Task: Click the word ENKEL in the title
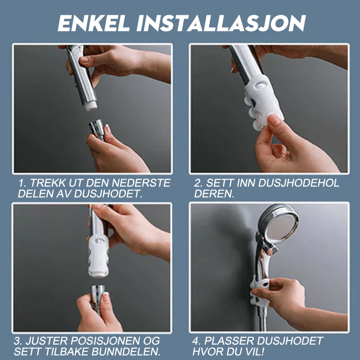(94, 23)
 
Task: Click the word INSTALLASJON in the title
(221, 23)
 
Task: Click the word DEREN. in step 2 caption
(214, 194)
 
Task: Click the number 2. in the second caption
(199, 183)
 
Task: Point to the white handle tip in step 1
(91, 106)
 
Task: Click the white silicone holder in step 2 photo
(263, 101)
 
